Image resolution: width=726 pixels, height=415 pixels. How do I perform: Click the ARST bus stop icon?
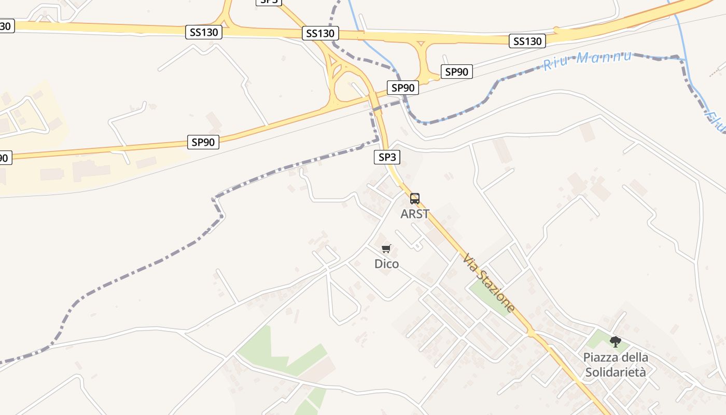click(415, 198)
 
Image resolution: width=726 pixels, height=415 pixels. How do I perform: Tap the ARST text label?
click(415, 214)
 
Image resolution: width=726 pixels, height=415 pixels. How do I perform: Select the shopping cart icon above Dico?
click(386, 249)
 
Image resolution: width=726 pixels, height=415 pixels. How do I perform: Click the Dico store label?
click(387, 264)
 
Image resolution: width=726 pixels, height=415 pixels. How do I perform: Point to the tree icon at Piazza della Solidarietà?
click(616, 341)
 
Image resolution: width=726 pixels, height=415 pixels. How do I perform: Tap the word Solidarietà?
click(616, 372)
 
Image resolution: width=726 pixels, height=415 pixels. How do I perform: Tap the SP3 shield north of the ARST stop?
click(387, 157)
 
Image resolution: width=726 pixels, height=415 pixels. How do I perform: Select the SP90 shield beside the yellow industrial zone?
click(203, 142)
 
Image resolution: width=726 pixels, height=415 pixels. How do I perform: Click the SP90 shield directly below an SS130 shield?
click(456, 72)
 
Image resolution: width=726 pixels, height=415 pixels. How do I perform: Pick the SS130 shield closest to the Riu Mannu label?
click(528, 41)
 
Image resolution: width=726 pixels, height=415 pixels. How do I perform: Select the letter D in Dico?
click(379, 264)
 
